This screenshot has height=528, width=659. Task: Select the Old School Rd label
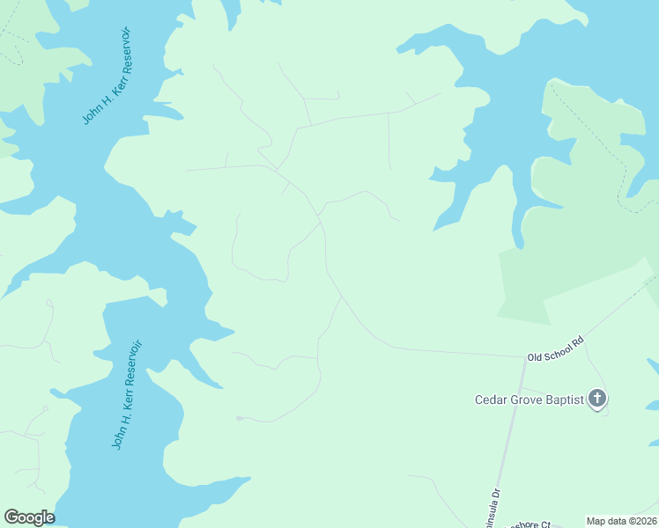pyautogui.click(x=555, y=348)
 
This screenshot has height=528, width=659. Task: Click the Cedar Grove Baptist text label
pyautogui.click(x=529, y=400)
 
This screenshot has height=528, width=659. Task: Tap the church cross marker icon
pyautogui.click(x=597, y=400)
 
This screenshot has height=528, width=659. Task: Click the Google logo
pyautogui.click(x=29, y=517)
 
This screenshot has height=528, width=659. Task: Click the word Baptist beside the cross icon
pyautogui.click(x=564, y=400)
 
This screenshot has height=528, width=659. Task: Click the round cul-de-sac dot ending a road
pyautogui.click(x=239, y=418)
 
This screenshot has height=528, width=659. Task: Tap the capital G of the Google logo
pyautogui.click(x=12, y=517)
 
